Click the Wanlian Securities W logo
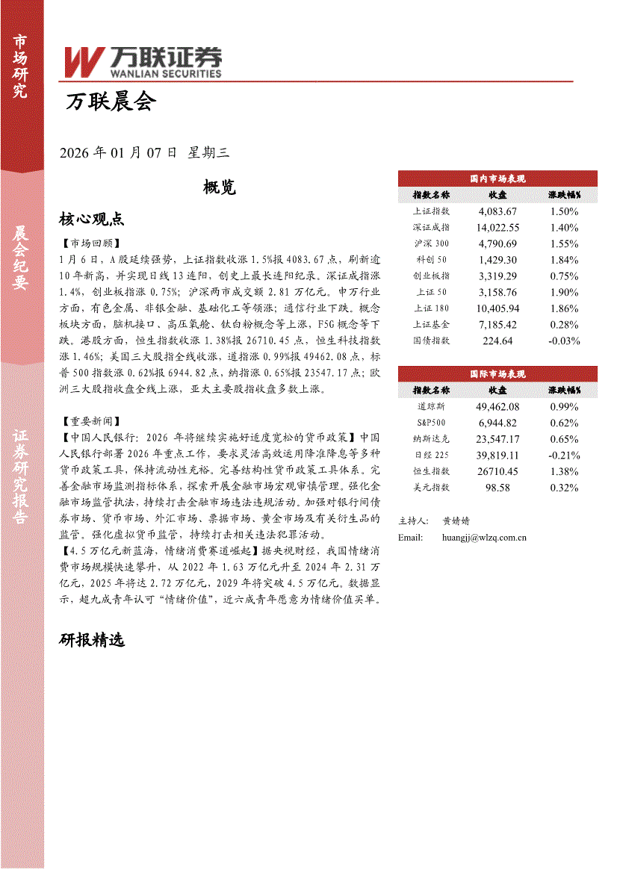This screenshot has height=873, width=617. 83,62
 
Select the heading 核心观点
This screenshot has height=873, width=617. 91,219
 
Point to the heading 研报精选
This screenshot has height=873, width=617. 91,640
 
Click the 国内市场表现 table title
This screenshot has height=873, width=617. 497,179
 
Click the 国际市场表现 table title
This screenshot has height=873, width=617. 497,374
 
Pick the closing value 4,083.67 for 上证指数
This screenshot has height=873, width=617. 497,211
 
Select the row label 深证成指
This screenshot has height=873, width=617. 431,227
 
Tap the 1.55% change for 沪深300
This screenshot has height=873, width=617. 563,243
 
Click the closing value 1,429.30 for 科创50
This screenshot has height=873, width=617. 497,260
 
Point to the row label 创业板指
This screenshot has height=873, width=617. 431,276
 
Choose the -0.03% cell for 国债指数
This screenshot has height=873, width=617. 563,341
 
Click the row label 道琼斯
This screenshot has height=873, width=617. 431,407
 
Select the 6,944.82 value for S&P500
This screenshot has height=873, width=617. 497,423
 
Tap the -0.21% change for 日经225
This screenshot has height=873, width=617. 563,455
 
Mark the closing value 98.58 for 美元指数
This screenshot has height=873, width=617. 497,488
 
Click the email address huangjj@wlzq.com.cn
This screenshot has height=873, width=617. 485,537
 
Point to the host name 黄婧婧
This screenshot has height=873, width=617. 456,521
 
